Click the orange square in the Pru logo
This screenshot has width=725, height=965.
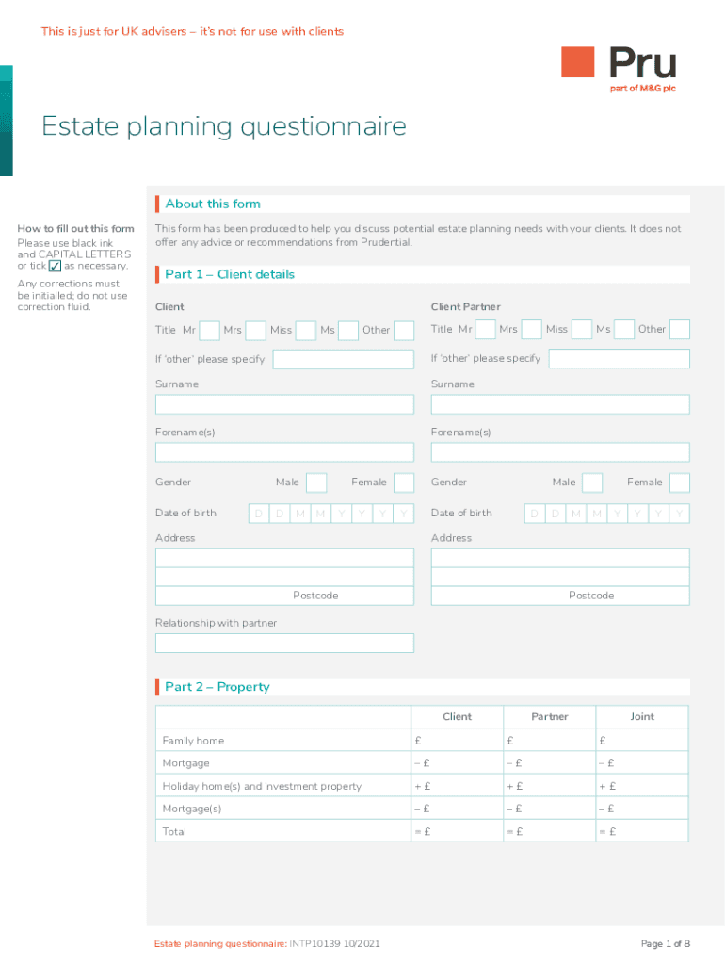[x=578, y=62]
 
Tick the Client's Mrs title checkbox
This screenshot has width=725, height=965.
[x=255, y=330]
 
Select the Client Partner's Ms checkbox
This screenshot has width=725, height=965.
[x=623, y=330]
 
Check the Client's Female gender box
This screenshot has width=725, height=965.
[x=404, y=482]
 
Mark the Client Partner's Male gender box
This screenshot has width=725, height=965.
[x=592, y=482]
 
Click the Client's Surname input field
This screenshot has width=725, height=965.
[x=284, y=404]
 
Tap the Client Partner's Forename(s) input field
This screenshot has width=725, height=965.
[x=560, y=452]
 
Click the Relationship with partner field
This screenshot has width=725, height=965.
[x=284, y=644]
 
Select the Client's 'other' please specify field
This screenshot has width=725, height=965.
[x=343, y=359]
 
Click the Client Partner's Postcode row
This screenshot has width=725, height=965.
[x=560, y=596]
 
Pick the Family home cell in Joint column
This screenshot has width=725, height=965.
[x=642, y=741]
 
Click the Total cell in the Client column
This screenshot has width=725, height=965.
[x=458, y=831]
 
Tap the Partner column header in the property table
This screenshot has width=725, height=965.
[x=550, y=717]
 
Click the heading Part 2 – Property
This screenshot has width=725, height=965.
[x=217, y=687]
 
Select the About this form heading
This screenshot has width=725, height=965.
[x=213, y=204]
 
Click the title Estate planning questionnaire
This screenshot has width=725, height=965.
[x=224, y=126]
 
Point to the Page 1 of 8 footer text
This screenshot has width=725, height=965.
[x=666, y=944]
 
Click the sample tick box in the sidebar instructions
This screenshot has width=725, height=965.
[x=55, y=266]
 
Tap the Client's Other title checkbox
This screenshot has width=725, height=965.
[x=404, y=330]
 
